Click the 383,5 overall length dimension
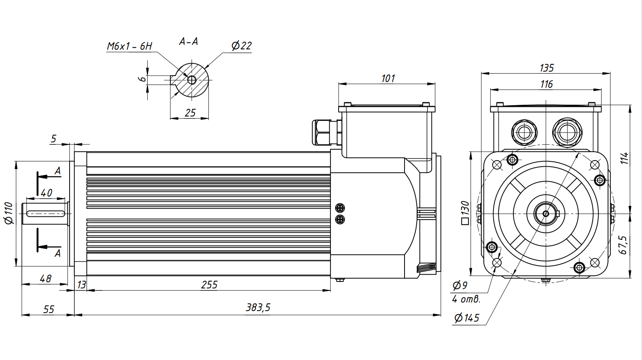pyautogui.click(x=258, y=308)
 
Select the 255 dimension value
pyautogui.click(x=209, y=285)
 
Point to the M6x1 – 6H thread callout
pyautogui.click(x=129, y=46)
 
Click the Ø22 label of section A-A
pyautogui.click(x=242, y=46)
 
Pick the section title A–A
pyautogui.click(x=189, y=41)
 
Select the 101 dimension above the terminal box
pyautogui.click(x=388, y=78)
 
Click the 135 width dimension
pyautogui.click(x=546, y=68)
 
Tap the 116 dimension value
pyautogui.click(x=546, y=84)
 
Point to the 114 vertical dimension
pyautogui.click(x=625, y=158)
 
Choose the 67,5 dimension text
pyautogui.click(x=623, y=245)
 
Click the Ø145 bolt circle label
pyautogui.click(x=466, y=318)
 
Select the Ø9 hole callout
pyautogui.click(x=460, y=285)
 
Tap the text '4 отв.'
pyautogui.click(x=466, y=300)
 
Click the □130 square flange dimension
pyautogui.click(x=465, y=213)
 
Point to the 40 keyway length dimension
pyautogui.click(x=47, y=193)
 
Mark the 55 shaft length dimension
pyautogui.click(x=49, y=309)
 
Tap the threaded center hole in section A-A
pyautogui.click(x=191, y=80)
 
